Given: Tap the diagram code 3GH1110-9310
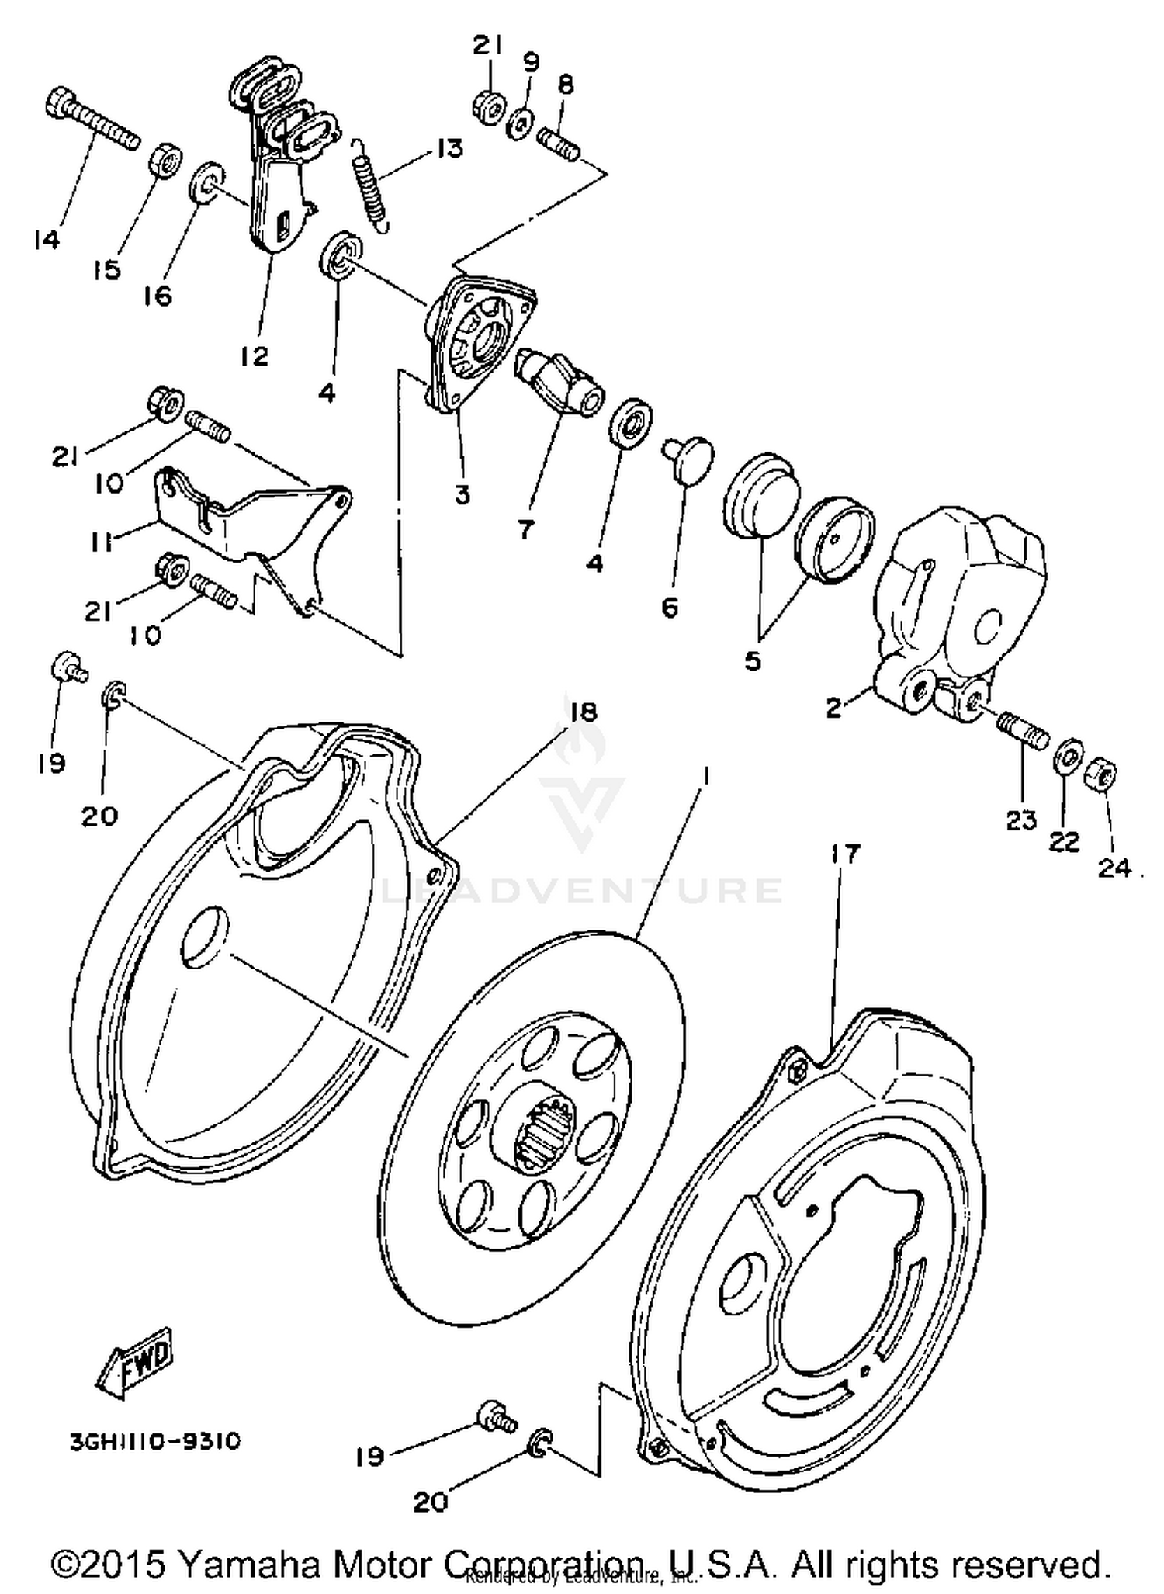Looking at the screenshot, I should tap(155, 1441).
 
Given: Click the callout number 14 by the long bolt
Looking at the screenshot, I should tap(47, 241).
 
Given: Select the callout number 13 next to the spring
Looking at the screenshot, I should tap(449, 148).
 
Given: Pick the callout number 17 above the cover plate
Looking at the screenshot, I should tap(845, 854).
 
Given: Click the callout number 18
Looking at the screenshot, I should tap(584, 712).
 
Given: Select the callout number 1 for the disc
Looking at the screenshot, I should tap(704, 774).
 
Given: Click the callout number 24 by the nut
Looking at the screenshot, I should tap(1114, 867).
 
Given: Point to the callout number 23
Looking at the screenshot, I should tap(1021, 820).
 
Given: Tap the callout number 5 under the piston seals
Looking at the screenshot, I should tap(752, 661).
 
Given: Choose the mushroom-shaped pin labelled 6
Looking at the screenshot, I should tap(688, 456).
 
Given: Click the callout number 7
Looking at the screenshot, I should tap(525, 529).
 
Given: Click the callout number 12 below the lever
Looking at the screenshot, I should tap(254, 355).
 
